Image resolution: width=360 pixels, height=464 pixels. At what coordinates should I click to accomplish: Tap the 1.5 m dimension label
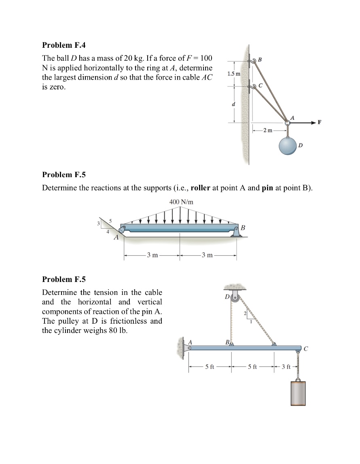[x=233, y=74]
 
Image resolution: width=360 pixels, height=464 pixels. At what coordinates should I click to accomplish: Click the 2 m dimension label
[x=267, y=130]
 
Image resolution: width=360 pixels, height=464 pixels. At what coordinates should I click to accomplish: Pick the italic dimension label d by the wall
[x=233, y=104]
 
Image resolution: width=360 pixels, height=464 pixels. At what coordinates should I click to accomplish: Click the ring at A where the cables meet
[x=287, y=122]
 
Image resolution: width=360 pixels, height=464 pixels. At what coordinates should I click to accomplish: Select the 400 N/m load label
[x=181, y=202]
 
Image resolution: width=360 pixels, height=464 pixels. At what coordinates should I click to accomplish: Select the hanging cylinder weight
[x=298, y=392]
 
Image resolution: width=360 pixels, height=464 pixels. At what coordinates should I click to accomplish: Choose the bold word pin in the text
[x=268, y=188]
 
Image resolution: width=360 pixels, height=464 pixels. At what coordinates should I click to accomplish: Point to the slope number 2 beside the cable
[x=245, y=314]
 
